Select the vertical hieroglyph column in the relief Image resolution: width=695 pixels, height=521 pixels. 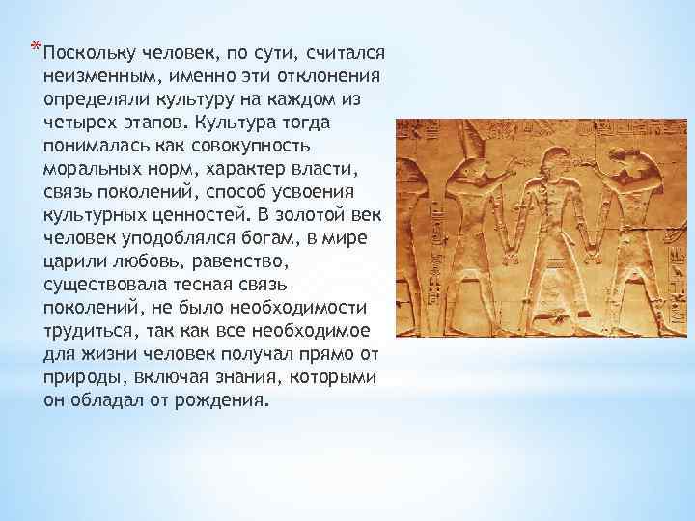coord(411,241)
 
